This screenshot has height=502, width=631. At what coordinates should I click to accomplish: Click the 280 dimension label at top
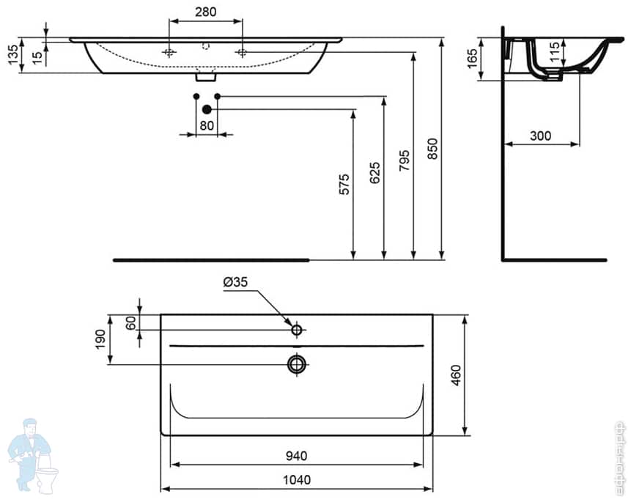205,12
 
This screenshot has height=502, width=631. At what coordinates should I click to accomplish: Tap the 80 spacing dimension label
207,125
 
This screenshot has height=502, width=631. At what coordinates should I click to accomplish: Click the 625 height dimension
374,173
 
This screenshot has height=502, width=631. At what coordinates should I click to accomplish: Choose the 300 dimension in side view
540,136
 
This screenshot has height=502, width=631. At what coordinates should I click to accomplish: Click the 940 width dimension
296,456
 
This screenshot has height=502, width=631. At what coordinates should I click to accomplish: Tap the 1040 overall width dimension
296,480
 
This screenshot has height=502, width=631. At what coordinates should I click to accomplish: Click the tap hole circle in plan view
297,330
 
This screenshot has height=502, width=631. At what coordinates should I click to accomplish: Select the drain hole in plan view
297,363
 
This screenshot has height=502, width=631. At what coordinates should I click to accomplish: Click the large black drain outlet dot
207,109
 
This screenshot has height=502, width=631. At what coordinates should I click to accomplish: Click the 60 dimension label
130,322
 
